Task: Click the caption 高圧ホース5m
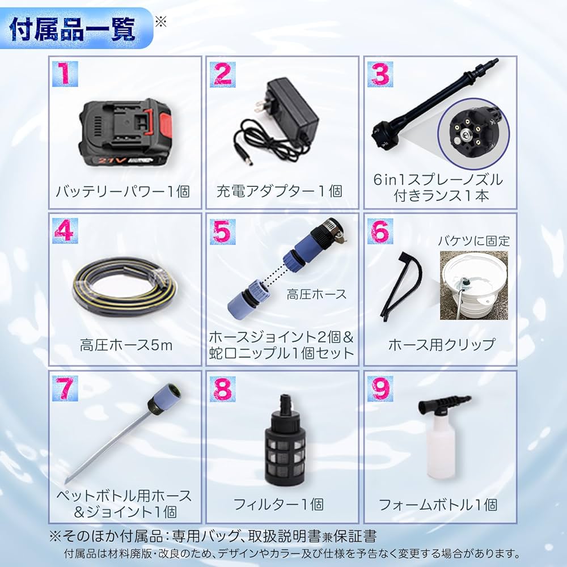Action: pos(126,344)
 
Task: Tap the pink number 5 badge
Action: pos(222,232)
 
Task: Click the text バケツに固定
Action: pos(473,240)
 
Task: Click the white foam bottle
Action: pos(439,448)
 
